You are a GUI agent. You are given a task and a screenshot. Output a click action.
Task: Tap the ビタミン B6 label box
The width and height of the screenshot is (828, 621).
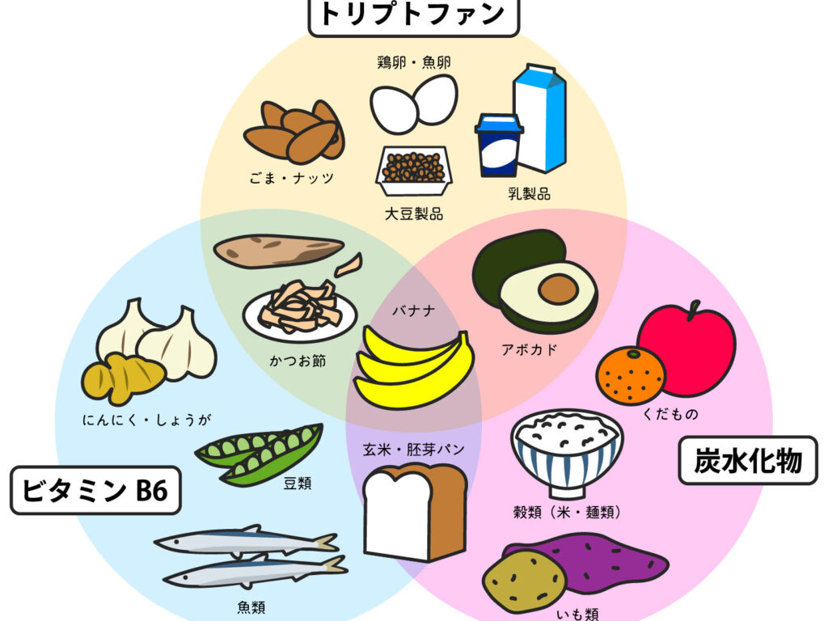[x=95, y=491]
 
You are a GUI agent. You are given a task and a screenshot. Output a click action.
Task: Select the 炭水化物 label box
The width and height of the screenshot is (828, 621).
[x=748, y=461]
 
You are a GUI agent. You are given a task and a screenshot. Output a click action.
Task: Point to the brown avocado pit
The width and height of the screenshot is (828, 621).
[x=558, y=289]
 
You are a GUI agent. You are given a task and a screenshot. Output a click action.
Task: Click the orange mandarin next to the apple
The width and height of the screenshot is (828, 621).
[x=631, y=375]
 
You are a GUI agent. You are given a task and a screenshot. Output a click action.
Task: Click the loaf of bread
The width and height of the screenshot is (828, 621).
[x=415, y=512]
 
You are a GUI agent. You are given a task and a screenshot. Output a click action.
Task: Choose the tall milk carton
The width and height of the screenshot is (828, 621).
[x=540, y=118]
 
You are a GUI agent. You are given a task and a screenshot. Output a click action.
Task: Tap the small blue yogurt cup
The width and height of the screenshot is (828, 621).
[x=498, y=146]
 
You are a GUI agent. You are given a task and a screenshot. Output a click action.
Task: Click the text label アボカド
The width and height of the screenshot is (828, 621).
[x=529, y=349]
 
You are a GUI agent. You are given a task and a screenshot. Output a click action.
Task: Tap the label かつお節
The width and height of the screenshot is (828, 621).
[x=298, y=361]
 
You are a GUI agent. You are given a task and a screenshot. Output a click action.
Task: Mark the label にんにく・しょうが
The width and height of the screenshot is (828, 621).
[x=147, y=420]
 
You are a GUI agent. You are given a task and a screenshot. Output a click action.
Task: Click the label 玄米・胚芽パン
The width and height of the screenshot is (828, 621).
[x=413, y=450]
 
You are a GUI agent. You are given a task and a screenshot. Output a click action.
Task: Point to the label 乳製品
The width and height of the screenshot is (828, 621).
[x=529, y=194]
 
